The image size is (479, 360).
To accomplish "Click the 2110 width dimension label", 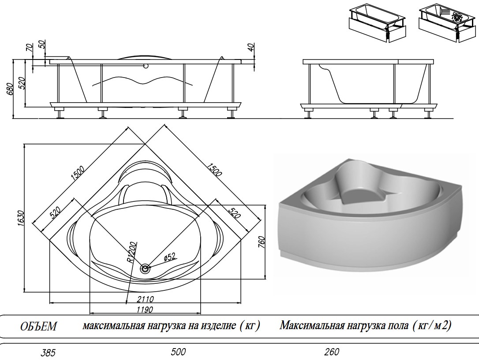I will [x=144, y=299].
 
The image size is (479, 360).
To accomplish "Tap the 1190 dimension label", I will [x=144, y=309].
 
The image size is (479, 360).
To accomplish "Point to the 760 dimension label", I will [x=261, y=241].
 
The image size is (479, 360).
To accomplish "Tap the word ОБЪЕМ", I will [x=39, y=327].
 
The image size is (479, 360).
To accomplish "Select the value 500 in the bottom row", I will [x=178, y=352].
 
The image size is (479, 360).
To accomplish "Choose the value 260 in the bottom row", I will [x=332, y=352].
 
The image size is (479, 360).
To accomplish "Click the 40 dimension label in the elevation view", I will [x=251, y=48].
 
